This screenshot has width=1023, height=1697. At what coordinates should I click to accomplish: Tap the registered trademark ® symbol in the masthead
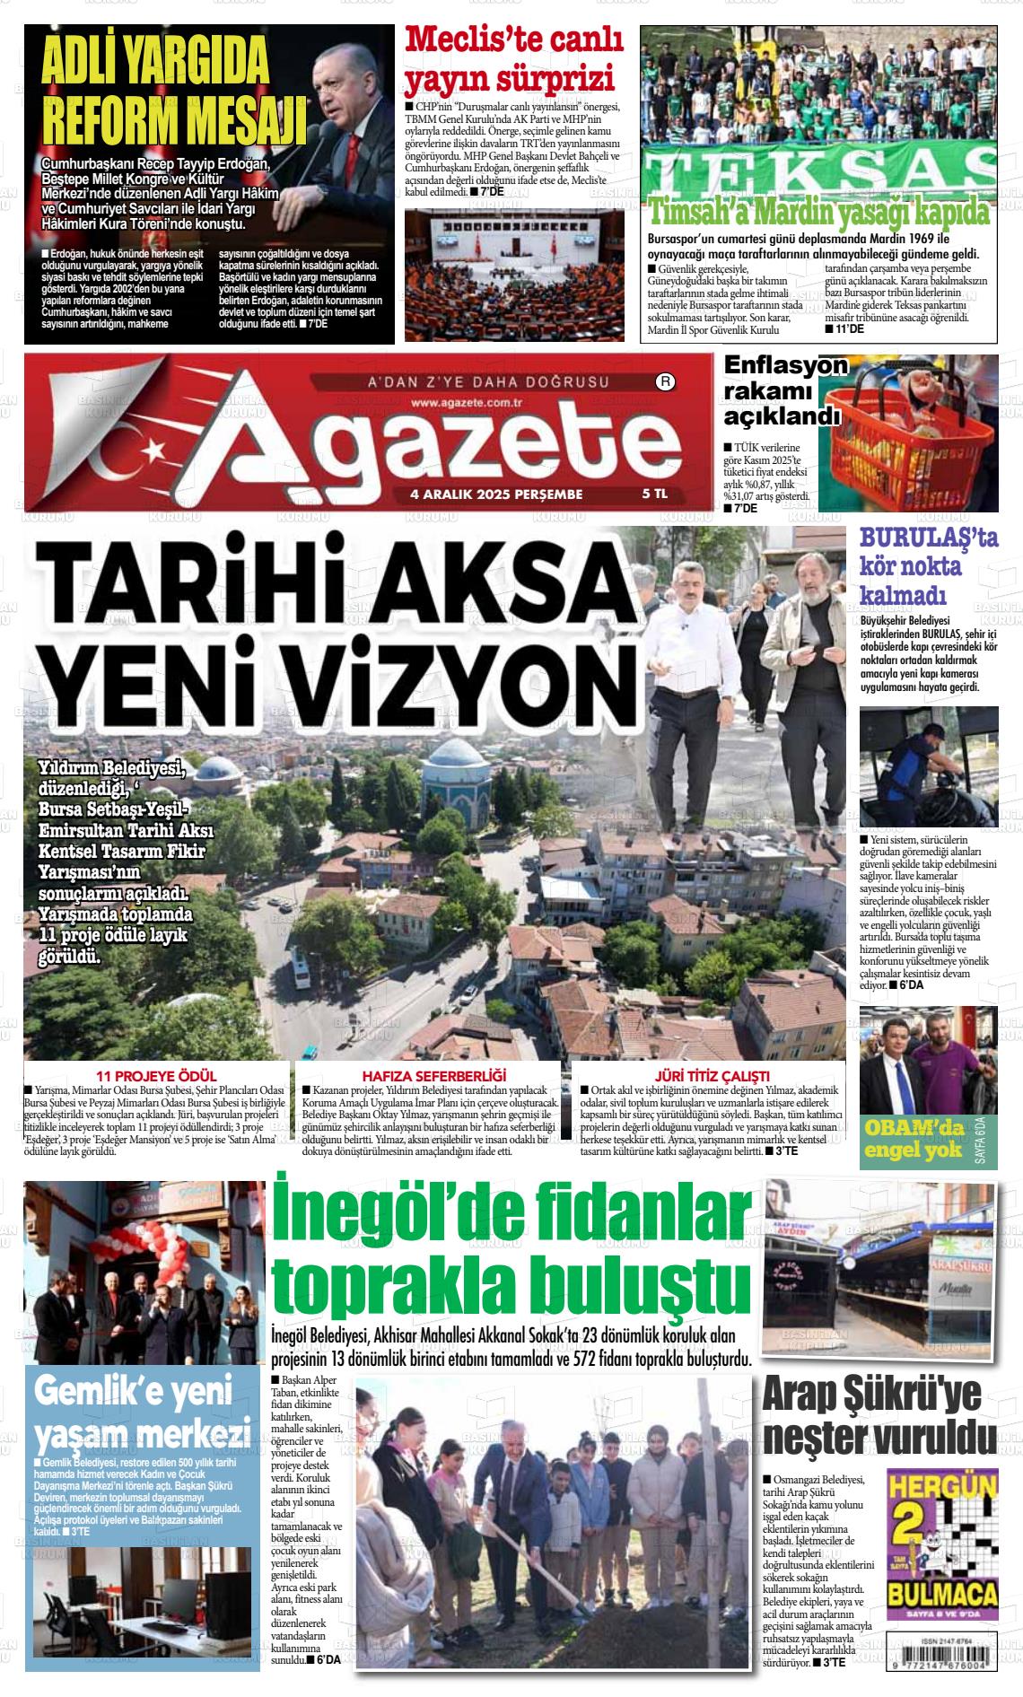click(x=665, y=382)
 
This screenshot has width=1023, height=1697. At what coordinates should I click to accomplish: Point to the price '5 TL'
click(x=655, y=494)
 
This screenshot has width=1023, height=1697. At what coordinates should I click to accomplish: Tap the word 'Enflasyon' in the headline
click(x=785, y=366)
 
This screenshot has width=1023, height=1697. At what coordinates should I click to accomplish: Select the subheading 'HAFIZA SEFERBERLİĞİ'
click(x=434, y=1075)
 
